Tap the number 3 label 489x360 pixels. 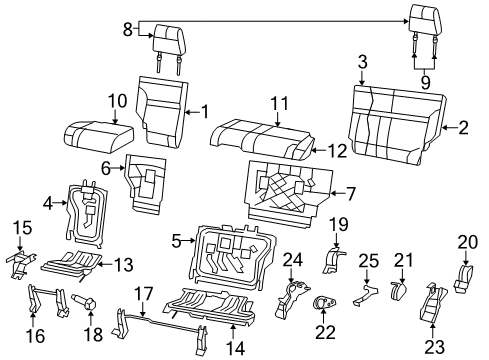click(x=362, y=63)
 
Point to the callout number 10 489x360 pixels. click(x=116, y=100)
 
